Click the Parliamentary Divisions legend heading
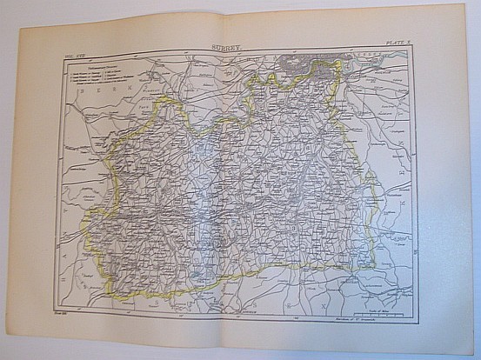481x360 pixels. pos(91,65)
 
